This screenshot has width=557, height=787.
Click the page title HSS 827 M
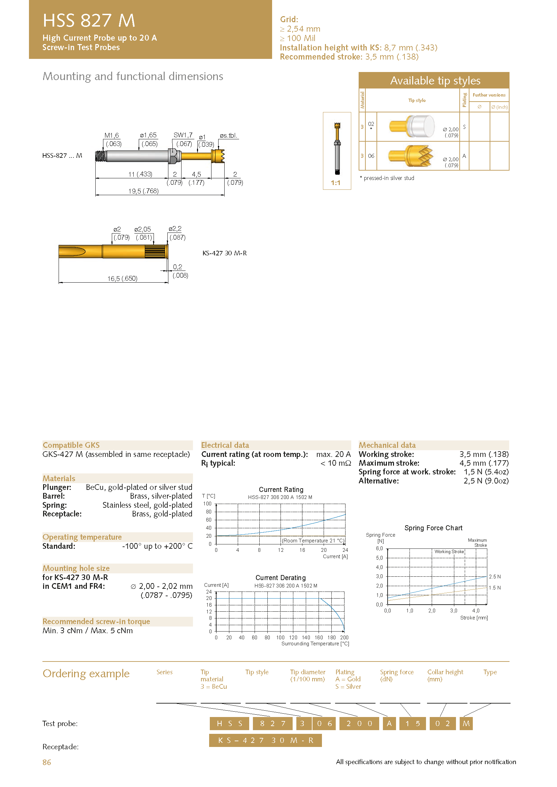89,21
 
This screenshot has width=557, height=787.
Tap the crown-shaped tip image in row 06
411,156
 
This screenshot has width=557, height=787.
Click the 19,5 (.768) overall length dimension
143,191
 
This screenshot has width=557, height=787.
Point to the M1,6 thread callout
112,135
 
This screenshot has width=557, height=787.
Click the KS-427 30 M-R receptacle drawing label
225,253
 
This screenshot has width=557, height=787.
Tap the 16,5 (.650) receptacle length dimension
123,279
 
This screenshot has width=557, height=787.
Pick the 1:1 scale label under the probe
335,183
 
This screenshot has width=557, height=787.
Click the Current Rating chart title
281,490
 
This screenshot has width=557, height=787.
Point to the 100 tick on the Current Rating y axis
207,504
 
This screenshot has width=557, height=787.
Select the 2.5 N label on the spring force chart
495,577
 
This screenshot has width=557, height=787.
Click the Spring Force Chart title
433,528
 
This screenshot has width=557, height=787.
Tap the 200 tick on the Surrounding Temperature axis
345,638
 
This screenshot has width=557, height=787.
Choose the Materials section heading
59,478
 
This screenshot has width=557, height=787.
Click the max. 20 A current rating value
333,454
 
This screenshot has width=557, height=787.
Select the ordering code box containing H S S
229,724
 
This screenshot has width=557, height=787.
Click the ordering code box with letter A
389,724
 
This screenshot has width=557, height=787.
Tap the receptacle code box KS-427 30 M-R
265,740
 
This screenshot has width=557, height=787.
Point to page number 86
47,762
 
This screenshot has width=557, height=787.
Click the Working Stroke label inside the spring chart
449,551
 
